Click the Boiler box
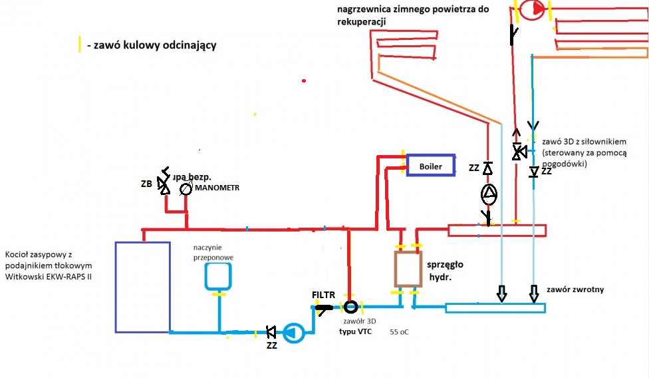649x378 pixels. click(x=431, y=166)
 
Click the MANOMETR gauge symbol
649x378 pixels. click(x=186, y=189)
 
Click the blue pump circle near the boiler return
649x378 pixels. click(x=293, y=332)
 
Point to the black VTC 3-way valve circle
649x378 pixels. click(x=350, y=307)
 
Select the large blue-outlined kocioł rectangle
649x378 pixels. click(x=142, y=286)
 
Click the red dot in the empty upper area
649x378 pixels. click(x=304, y=81)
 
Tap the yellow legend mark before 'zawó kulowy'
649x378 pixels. click(x=80, y=45)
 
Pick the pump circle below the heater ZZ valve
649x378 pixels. click(x=489, y=194)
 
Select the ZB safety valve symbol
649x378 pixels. click(x=164, y=186)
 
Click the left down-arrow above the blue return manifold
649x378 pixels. click(x=502, y=293)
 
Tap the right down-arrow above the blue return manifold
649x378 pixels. click(x=534, y=293)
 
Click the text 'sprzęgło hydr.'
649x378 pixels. click(x=445, y=270)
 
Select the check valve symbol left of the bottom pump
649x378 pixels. click(x=271, y=331)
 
